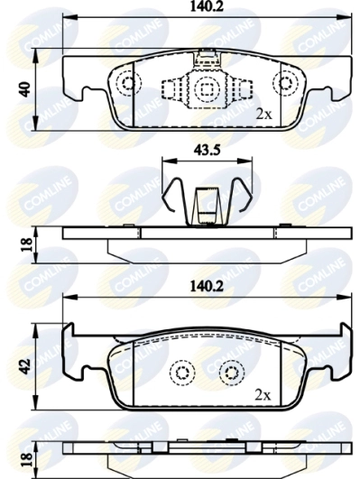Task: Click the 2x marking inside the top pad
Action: (x=263, y=115)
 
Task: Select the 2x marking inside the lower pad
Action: (x=263, y=394)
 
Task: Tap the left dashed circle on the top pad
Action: (x=127, y=83)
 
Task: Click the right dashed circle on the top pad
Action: (x=288, y=83)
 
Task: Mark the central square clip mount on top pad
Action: (x=208, y=89)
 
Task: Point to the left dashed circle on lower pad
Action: (x=182, y=372)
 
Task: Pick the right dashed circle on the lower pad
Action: (x=233, y=372)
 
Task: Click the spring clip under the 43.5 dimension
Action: (x=208, y=198)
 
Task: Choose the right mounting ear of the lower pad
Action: (x=339, y=354)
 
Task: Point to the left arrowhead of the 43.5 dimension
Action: (x=163, y=160)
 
